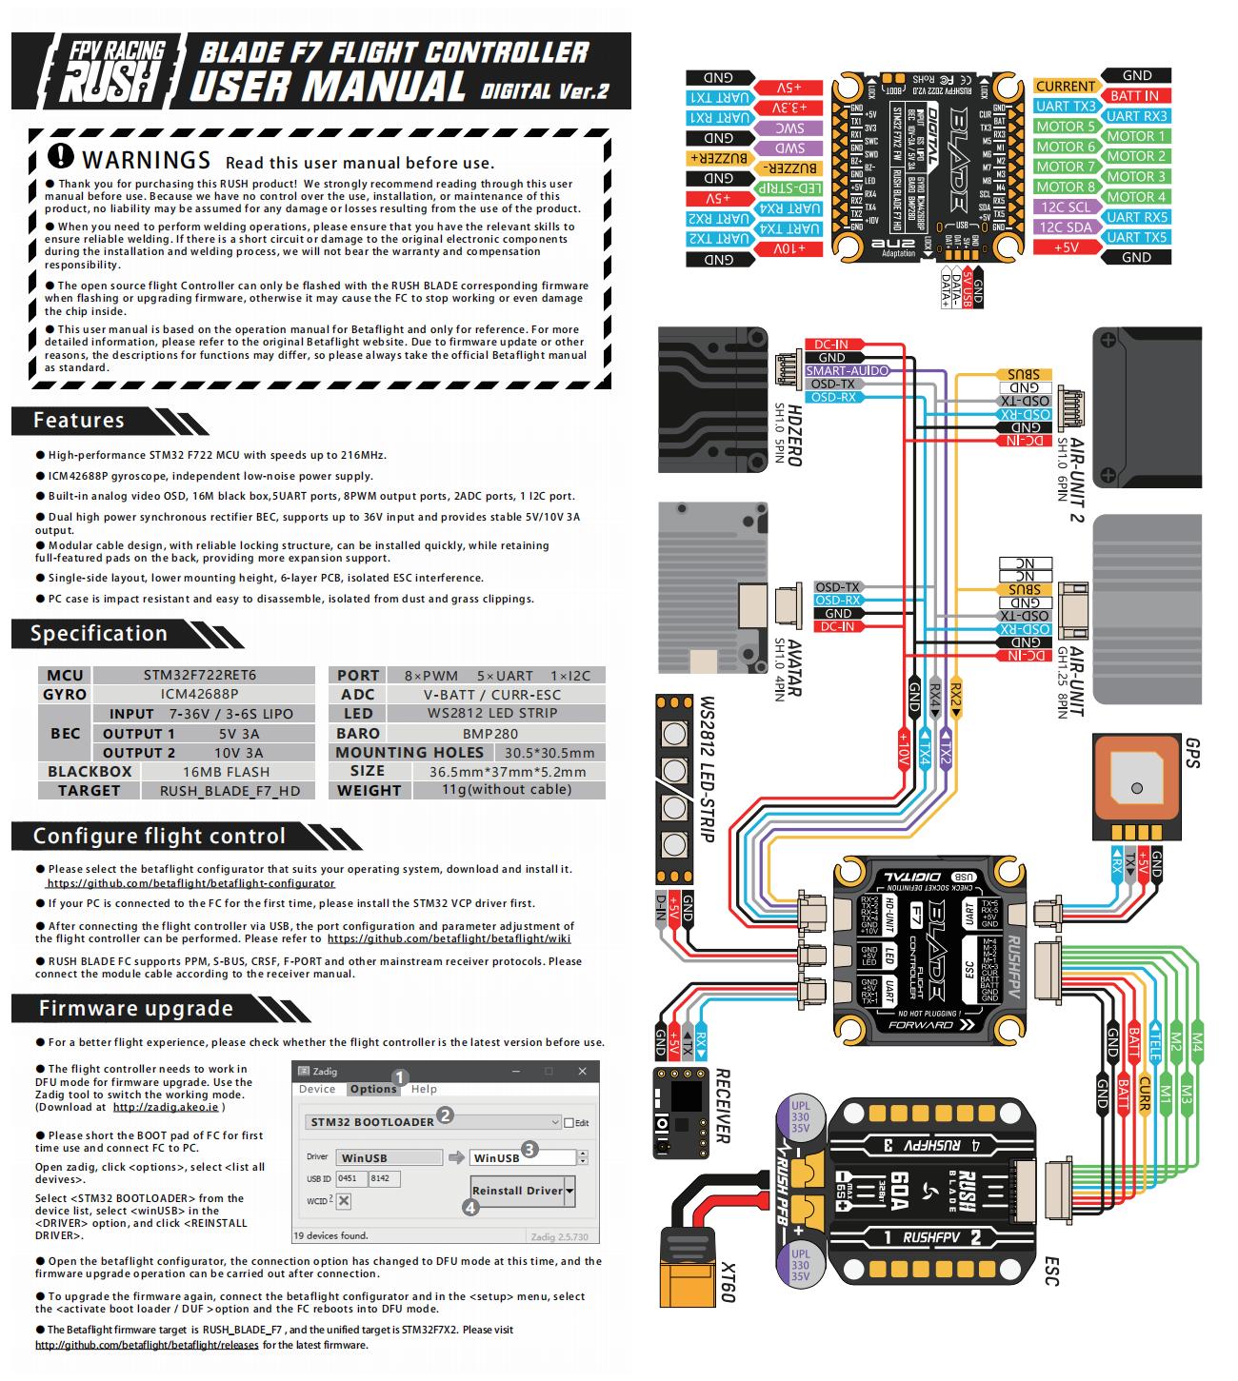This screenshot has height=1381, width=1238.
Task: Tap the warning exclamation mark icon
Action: (x=60, y=156)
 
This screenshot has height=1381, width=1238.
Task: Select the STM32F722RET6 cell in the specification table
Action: (x=200, y=675)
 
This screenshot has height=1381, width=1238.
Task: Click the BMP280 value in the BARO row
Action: (x=490, y=733)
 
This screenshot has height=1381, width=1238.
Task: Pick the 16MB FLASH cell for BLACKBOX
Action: (x=226, y=772)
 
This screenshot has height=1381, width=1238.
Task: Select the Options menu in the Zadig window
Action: (x=372, y=1089)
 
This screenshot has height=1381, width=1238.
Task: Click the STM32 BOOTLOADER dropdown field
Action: (x=433, y=1122)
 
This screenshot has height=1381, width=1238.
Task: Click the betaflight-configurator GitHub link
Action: (x=190, y=883)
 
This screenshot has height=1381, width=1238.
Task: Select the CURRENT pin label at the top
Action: (x=1065, y=86)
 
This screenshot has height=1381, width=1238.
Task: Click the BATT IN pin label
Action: (x=1134, y=95)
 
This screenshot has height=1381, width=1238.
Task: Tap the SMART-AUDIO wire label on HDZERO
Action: (x=847, y=370)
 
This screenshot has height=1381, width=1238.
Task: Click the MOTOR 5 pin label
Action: (x=1065, y=127)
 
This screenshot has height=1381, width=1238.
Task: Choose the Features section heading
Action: (x=79, y=421)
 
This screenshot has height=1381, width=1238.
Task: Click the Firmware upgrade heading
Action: (x=135, y=1009)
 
